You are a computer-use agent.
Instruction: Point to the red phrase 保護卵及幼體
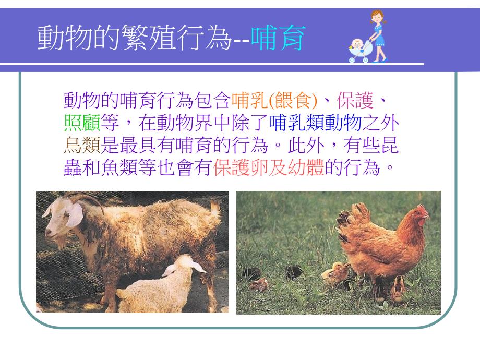tap(269, 170)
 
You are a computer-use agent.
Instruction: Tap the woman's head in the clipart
tap(375, 18)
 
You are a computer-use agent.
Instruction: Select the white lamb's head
tap(180, 266)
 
